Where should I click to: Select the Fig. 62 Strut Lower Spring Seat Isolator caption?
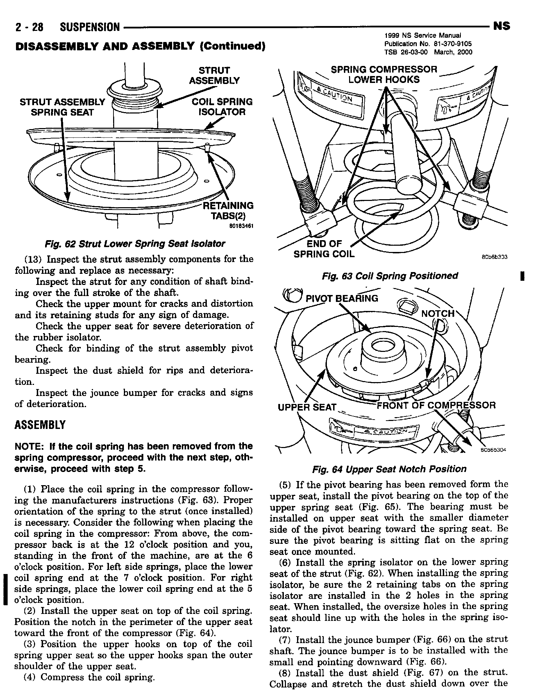[135, 244]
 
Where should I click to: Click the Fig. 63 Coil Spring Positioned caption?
[390, 276]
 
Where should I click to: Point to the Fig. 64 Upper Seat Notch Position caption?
[389, 469]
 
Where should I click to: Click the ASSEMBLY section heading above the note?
[40, 425]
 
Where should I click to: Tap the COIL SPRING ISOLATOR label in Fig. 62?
[222, 107]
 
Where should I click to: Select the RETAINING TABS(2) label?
[228, 211]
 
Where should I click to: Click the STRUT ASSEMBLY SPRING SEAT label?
[62, 107]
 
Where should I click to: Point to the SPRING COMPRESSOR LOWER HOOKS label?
[384, 75]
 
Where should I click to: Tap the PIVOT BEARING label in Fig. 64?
[341, 298]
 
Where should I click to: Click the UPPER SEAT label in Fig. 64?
[307, 407]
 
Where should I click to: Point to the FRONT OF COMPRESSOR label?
[436, 405]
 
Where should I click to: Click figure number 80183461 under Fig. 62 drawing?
[241, 226]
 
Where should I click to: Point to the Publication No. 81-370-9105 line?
[428, 44]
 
